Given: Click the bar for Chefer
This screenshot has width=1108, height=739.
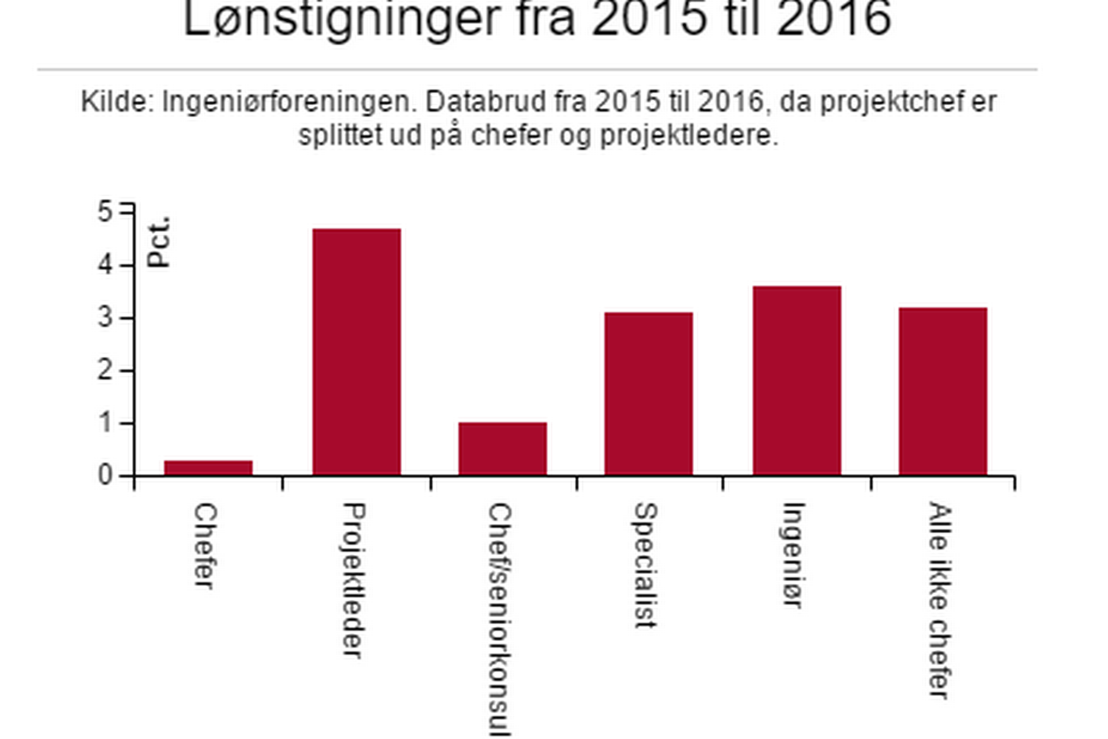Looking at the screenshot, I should click(208, 468).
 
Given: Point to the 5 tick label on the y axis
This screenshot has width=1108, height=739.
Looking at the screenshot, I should click(105, 212).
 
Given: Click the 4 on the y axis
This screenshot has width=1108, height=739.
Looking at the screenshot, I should click(105, 265).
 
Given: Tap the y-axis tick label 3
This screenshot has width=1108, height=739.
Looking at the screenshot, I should click(105, 318).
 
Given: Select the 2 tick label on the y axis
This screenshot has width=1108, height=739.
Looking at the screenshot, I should click(105, 371).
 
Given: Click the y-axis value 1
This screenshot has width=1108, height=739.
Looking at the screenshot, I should click(105, 423).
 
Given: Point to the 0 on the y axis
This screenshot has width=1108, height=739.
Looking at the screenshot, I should click(105, 475).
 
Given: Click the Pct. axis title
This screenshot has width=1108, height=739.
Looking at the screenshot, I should click(158, 242).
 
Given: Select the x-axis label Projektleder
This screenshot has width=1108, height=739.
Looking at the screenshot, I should click(354, 580).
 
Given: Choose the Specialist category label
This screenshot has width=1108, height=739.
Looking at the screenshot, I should click(646, 565).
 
